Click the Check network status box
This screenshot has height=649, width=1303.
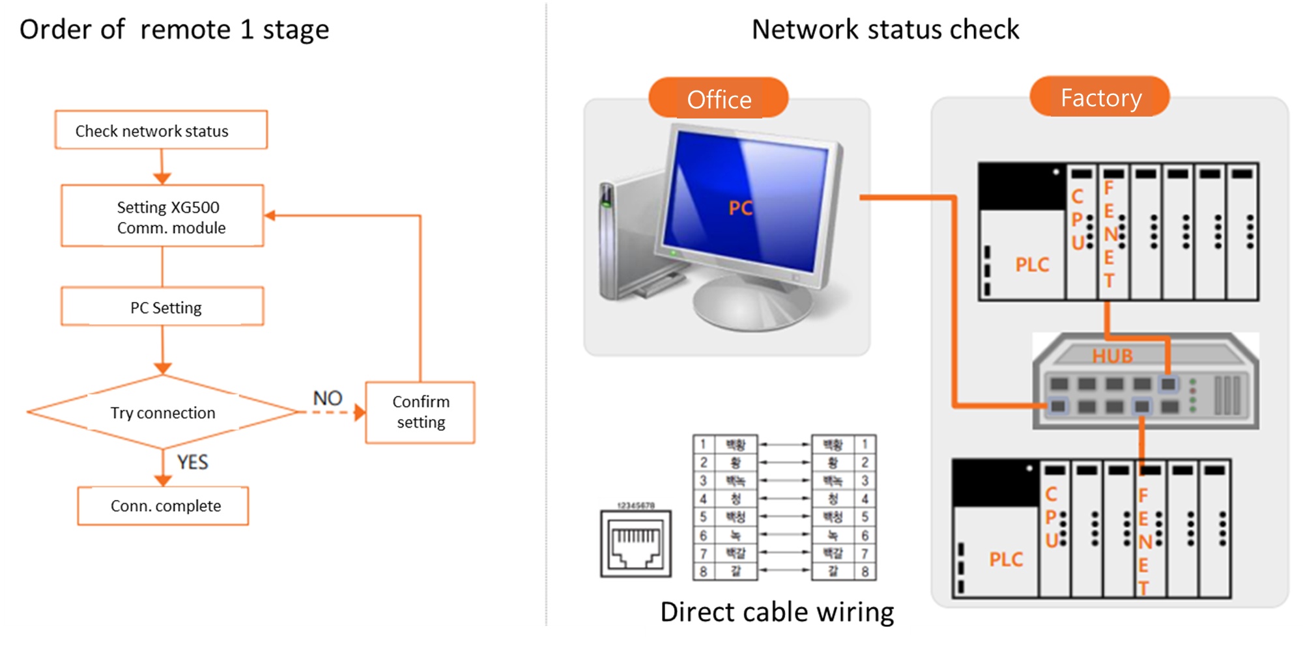(161, 130)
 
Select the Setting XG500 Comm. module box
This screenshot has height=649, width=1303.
(162, 216)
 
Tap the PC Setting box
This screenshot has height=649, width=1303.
(162, 307)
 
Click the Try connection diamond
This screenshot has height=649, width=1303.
(163, 412)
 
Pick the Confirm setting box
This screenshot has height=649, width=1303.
(420, 412)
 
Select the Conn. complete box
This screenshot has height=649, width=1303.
(163, 506)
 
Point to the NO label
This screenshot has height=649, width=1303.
(328, 398)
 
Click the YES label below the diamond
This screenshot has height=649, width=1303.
(192, 462)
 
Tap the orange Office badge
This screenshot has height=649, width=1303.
(719, 99)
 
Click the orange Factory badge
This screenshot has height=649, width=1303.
(1100, 98)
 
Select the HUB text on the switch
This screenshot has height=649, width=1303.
(1112, 356)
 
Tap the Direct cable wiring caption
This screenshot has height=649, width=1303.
(777, 612)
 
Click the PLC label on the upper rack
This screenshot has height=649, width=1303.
(1032, 264)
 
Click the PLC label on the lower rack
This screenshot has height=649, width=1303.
(1006, 559)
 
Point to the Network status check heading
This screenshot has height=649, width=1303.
(885, 29)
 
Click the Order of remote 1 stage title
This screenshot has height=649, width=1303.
(174, 29)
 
